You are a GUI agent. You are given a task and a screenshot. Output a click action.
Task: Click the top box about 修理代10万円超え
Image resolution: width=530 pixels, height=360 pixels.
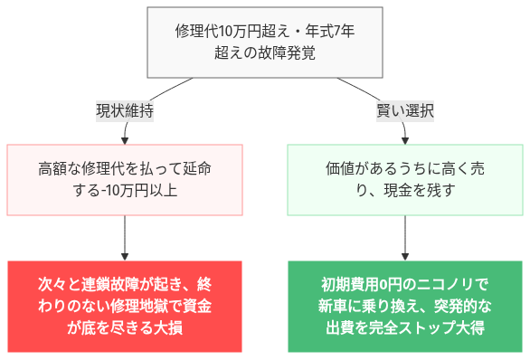click(x=264, y=42)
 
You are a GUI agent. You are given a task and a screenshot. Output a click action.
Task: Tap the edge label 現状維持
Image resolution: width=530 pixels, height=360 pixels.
click(x=125, y=111)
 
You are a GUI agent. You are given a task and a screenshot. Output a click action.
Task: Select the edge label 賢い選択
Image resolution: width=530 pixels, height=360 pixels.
click(x=404, y=111)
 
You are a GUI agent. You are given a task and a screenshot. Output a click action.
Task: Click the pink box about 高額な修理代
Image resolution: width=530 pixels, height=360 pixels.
click(x=125, y=179)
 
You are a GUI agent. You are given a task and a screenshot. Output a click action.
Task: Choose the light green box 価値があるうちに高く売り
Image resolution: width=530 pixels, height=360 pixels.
click(x=404, y=179)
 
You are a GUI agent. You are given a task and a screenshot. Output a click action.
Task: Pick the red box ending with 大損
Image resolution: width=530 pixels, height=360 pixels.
click(x=125, y=307)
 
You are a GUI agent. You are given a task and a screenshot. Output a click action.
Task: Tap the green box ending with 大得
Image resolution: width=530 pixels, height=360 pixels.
click(x=404, y=307)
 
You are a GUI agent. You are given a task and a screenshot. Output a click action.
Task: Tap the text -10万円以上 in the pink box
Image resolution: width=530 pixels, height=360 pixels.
click(x=146, y=190)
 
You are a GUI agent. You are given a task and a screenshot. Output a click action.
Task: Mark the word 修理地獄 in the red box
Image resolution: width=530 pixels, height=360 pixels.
click(x=146, y=306)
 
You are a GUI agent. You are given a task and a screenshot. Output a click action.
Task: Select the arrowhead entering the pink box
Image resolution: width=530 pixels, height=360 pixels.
click(x=125, y=139)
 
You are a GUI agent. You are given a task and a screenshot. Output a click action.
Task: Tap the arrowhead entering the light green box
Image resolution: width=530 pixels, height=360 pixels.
click(x=404, y=139)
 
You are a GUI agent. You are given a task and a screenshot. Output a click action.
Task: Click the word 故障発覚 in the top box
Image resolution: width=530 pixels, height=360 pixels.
click(x=287, y=52)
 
